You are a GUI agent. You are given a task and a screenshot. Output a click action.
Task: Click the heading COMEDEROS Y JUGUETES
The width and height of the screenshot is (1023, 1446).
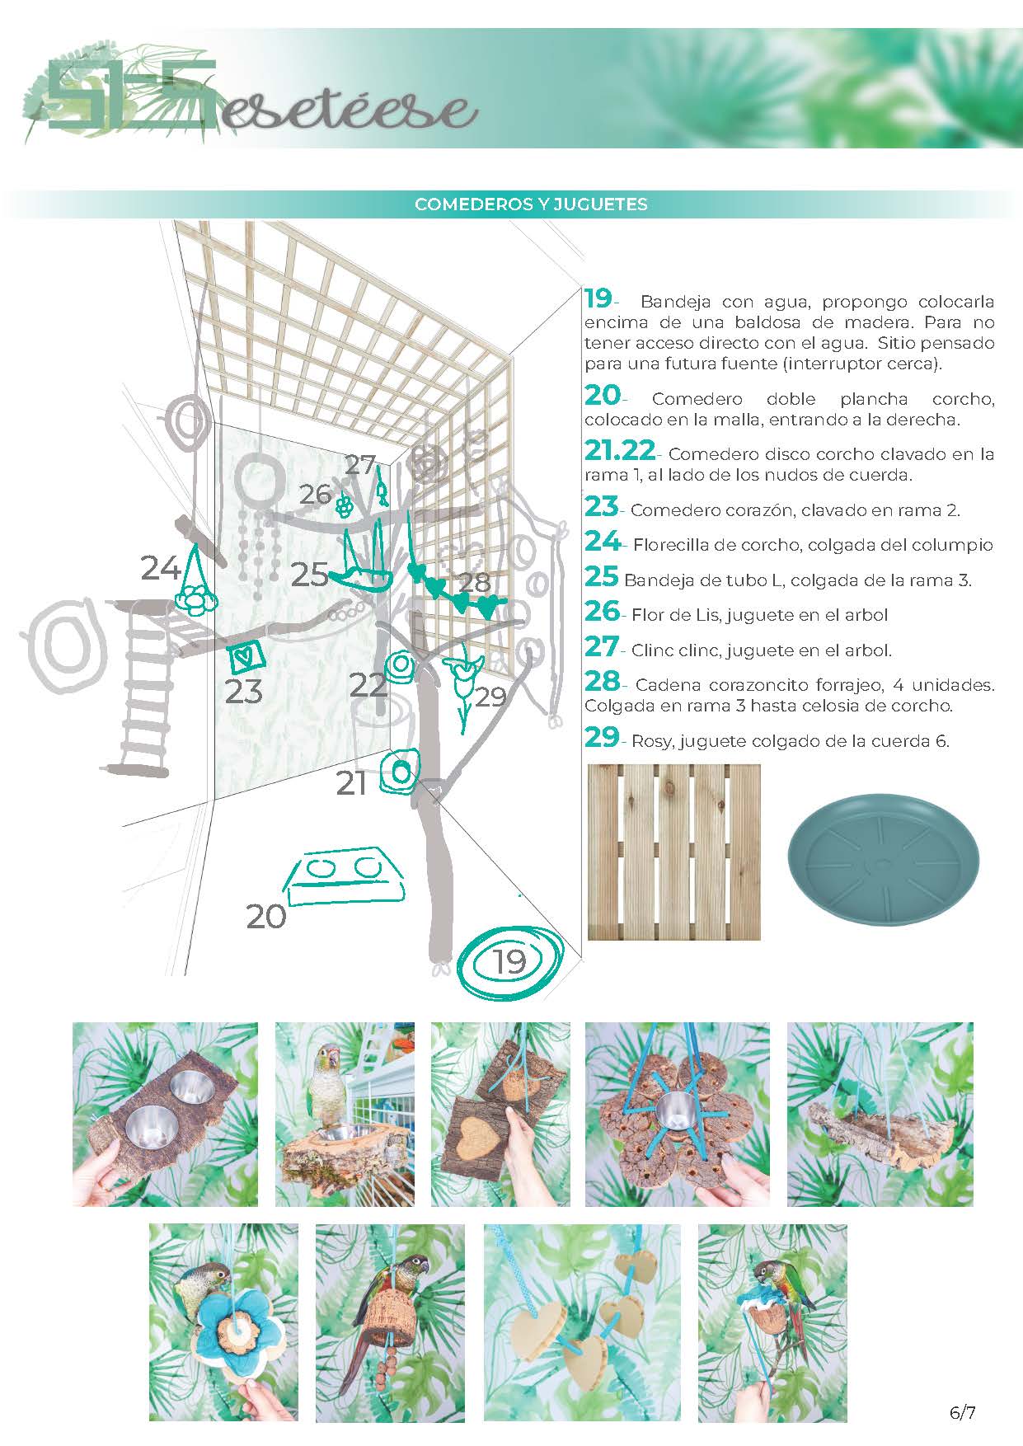point(531,204)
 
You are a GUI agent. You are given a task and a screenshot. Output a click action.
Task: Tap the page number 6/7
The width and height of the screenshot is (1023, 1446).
point(962,1413)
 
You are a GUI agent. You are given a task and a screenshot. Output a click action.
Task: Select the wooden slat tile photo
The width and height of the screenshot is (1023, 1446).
point(673,852)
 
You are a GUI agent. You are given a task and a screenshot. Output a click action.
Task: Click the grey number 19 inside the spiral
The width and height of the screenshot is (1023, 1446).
point(509,960)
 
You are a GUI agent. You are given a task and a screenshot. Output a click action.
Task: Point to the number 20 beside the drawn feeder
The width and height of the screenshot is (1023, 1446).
point(266,916)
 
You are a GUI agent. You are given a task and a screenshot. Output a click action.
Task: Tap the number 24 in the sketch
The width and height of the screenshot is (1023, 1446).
point(160,569)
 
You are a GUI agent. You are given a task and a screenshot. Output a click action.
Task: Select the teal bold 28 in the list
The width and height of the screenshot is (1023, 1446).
point(602,682)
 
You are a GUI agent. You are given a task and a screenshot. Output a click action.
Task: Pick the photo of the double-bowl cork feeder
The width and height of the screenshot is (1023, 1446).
point(165,1114)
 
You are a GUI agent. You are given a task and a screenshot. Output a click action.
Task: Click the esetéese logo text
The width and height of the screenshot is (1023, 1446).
point(346,111)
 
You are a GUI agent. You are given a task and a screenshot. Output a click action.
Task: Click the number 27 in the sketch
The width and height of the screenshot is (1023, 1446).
point(359,465)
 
